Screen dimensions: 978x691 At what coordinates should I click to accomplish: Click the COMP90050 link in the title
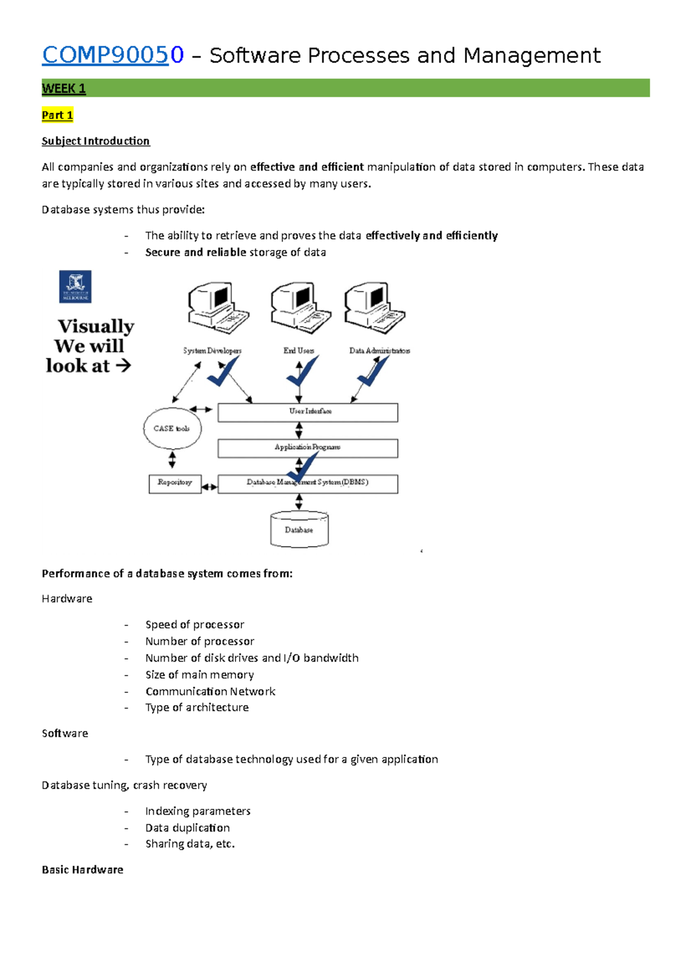tap(113, 55)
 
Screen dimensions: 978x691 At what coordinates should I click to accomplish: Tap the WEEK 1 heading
tap(63, 89)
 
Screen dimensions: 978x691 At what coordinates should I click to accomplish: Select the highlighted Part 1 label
tap(57, 115)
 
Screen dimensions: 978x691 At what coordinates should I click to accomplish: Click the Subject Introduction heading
tap(96, 141)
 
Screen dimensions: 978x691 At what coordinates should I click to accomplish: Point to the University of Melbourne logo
tap(75, 287)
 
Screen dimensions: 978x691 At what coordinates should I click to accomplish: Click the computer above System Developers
tap(218, 308)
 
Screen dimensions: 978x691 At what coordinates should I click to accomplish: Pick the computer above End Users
tap(301, 308)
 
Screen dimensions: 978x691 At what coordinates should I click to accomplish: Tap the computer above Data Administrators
tap(374, 308)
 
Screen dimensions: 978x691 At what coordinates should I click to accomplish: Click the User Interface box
tap(307, 412)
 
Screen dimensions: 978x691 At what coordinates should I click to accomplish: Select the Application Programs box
tap(307, 448)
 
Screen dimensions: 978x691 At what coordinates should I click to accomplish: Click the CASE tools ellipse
tap(172, 429)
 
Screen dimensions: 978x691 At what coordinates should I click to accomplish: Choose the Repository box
tap(175, 483)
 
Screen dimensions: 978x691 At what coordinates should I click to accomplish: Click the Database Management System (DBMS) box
tap(307, 484)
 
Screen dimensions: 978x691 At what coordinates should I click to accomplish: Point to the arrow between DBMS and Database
tap(299, 502)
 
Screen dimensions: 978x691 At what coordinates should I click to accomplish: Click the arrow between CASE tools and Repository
tap(172, 460)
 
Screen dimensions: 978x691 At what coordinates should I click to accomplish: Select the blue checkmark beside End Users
tap(303, 372)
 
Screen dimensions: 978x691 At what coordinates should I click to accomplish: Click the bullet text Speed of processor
tap(195, 624)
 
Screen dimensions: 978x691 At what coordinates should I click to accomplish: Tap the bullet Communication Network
tap(210, 691)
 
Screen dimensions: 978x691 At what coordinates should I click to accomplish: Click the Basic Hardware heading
tap(82, 870)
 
